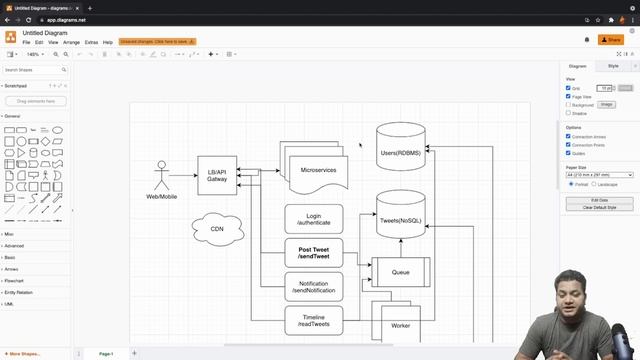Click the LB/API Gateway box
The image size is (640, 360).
[217, 175]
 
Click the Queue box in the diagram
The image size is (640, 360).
[400, 271]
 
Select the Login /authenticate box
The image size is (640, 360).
[314, 219]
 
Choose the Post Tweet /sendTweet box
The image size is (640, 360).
[314, 253]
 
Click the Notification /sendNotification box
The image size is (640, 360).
[314, 286]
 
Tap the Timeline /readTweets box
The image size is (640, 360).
[314, 319]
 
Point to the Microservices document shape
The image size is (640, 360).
[318, 170]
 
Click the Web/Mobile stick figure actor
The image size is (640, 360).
[161, 177]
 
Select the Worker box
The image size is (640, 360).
[400, 325]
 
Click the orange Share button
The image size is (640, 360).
[609, 39]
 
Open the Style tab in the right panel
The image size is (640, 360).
[613, 66]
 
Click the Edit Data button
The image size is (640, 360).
[599, 200]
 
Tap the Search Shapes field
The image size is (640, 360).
[34, 70]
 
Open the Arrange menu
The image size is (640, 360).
[71, 43]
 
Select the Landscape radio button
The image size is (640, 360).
[596, 184]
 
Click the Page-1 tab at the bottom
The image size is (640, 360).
[105, 353]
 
